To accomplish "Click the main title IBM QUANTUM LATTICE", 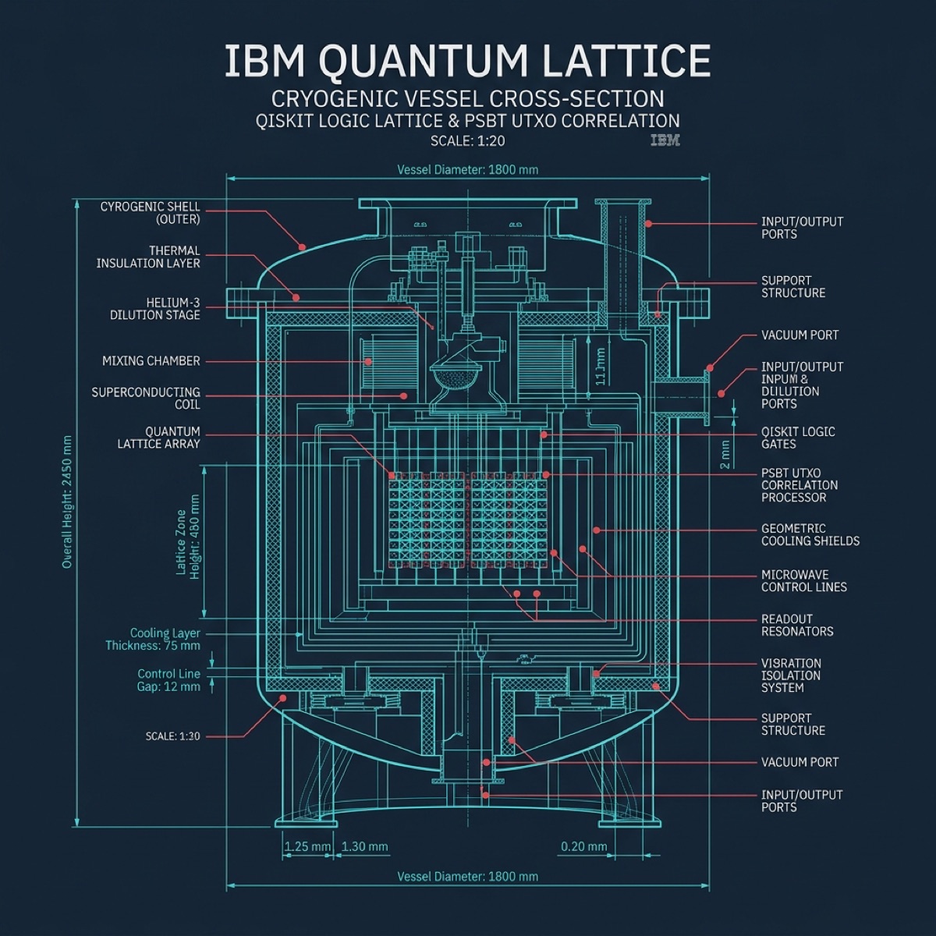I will click(x=468, y=61).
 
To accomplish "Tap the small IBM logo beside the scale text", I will click(x=665, y=140).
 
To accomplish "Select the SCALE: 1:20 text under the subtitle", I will click(x=467, y=141).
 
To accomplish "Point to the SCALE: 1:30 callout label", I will click(x=172, y=736).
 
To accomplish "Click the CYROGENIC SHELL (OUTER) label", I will click(x=150, y=213).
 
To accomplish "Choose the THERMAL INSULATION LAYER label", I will click(x=148, y=257).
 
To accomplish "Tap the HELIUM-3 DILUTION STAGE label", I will click(x=155, y=309).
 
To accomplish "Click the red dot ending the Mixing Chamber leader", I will click(x=369, y=361).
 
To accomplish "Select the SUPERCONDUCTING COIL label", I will click(x=146, y=399).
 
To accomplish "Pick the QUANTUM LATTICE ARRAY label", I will click(x=159, y=438).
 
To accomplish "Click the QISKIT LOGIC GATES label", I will click(x=798, y=438).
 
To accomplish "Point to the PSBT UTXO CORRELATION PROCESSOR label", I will click(x=799, y=485).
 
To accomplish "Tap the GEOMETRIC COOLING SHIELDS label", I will click(x=810, y=534).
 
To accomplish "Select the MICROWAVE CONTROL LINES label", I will click(x=803, y=581).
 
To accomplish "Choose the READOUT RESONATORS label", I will click(x=797, y=626).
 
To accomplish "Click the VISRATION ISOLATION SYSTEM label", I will click(x=791, y=675).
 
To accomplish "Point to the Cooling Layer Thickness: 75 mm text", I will click(x=154, y=640).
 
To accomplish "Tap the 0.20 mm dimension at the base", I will click(x=583, y=846).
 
